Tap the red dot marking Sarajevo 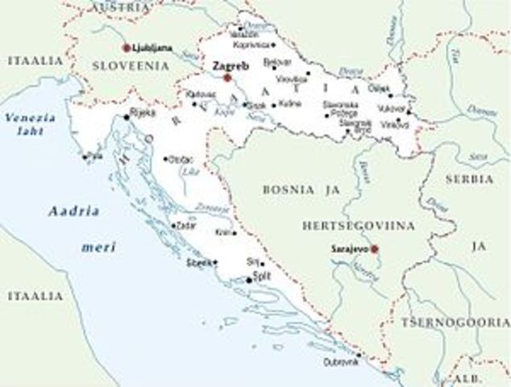374,248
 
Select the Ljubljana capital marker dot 127,48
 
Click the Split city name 261,276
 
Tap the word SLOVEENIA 131,65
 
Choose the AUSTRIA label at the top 122,6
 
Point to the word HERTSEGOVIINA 359,226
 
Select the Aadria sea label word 73,211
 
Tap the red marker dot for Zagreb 227,77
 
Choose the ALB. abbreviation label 465,377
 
